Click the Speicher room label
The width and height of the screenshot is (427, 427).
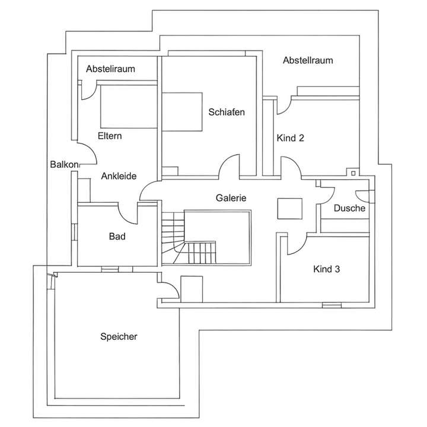(x=119, y=336)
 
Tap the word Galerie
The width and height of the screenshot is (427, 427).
(x=231, y=198)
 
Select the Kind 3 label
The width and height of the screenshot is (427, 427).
(x=326, y=269)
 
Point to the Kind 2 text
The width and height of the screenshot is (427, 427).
(x=291, y=138)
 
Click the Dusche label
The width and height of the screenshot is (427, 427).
(x=349, y=208)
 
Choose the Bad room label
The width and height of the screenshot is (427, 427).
(x=117, y=236)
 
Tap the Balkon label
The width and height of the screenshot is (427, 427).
(x=62, y=164)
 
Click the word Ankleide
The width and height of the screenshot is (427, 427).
(x=119, y=176)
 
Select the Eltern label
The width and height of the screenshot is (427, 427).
(x=110, y=136)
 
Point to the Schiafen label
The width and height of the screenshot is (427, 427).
(x=226, y=111)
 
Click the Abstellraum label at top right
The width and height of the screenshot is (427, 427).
(x=307, y=60)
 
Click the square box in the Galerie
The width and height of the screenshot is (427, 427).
(x=289, y=208)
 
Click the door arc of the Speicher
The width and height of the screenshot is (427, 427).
(x=168, y=289)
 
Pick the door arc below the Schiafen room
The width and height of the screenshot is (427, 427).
(x=230, y=166)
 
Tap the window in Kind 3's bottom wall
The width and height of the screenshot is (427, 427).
(x=332, y=305)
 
